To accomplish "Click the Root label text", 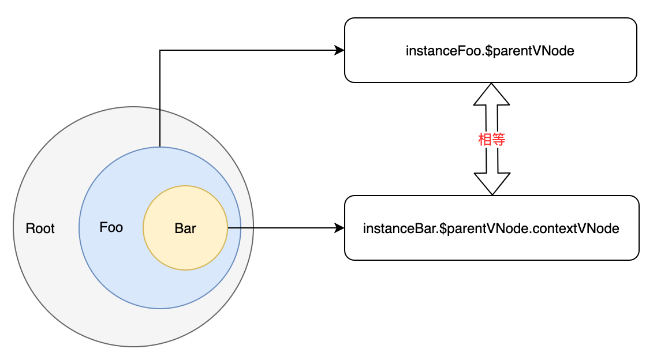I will point(40,228).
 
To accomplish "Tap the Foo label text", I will point(111,227).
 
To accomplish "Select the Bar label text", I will point(185,228).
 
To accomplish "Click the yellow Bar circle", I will point(185,248).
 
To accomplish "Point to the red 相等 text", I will point(492,139).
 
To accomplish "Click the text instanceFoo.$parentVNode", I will point(490,50).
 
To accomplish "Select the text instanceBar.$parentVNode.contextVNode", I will point(491,228).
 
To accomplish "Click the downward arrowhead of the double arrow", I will point(492,184).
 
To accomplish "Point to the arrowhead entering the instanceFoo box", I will point(339,50).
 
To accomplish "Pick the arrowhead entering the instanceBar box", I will point(339,228).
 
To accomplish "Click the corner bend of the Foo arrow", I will point(160,50).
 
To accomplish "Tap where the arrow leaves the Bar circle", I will point(228,228).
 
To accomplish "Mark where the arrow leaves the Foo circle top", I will point(160,147).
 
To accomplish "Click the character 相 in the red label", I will point(485,139).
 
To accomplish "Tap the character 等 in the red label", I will point(499,139).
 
